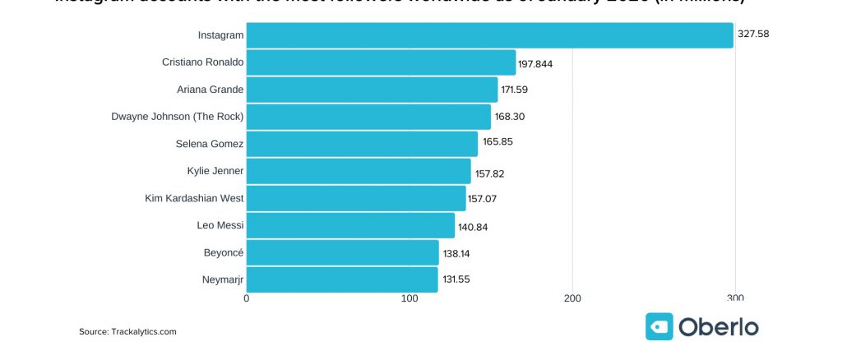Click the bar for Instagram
[x=489, y=35]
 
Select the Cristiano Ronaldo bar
[x=381, y=62]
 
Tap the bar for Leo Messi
[x=350, y=225]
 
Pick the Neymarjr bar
[x=342, y=279]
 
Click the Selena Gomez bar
[x=362, y=144]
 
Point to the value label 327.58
[x=753, y=35]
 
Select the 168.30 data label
[x=510, y=117]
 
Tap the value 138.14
[x=456, y=253]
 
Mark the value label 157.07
[x=484, y=198]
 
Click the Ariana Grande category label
[x=210, y=90]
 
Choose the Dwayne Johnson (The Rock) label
[x=178, y=117]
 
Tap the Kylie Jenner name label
[x=215, y=171]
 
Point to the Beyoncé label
[x=224, y=252]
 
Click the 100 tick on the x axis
[x=410, y=298]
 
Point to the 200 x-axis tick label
[x=572, y=298]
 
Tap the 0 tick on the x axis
[x=247, y=298]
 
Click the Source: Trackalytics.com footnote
[x=127, y=331]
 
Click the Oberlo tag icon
[x=660, y=326]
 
